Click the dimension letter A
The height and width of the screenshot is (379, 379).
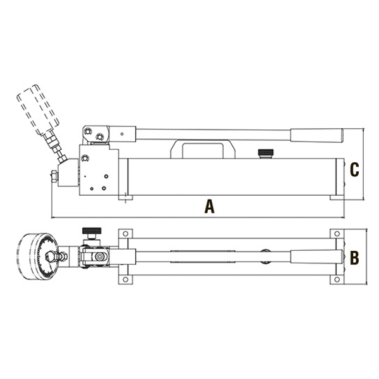[x=209, y=206]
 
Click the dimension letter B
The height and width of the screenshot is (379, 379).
[x=354, y=258]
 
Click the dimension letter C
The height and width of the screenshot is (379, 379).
[x=354, y=169]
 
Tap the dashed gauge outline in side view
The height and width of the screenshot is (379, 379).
[x=38, y=109]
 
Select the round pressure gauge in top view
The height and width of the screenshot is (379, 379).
[x=38, y=256]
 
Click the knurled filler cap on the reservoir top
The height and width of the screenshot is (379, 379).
[x=266, y=152]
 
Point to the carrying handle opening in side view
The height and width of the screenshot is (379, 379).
[x=203, y=151]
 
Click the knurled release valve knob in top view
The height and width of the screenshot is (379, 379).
[x=92, y=231]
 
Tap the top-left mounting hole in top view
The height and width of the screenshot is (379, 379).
[x=125, y=234]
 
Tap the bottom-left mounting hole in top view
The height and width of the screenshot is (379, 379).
[x=125, y=279]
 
